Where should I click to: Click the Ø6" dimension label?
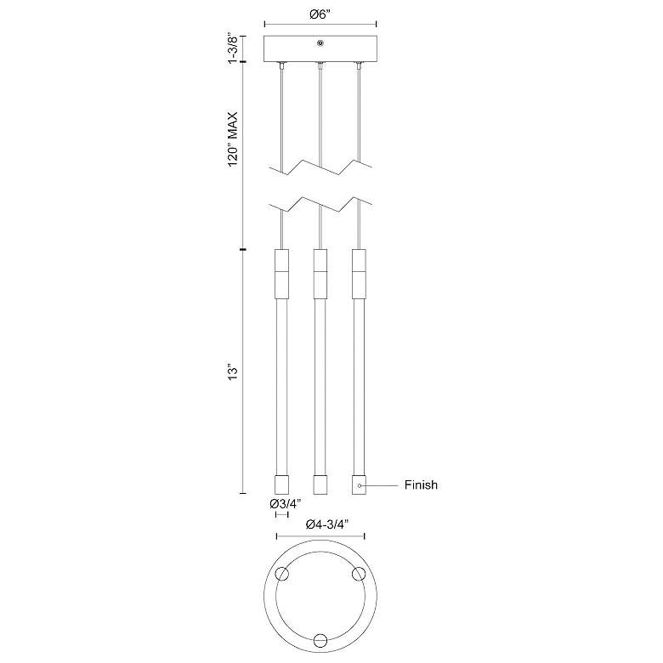click(320, 14)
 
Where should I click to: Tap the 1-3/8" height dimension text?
click(233, 48)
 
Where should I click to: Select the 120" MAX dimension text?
click(233, 139)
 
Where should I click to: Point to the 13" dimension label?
click(233, 371)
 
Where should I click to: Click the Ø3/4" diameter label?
click(285, 504)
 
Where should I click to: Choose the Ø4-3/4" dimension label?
click(327, 524)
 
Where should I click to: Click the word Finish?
click(421, 485)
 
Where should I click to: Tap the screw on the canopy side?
click(321, 42)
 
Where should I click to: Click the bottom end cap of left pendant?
click(281, 484)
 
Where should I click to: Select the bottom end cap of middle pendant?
click(320, 484)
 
